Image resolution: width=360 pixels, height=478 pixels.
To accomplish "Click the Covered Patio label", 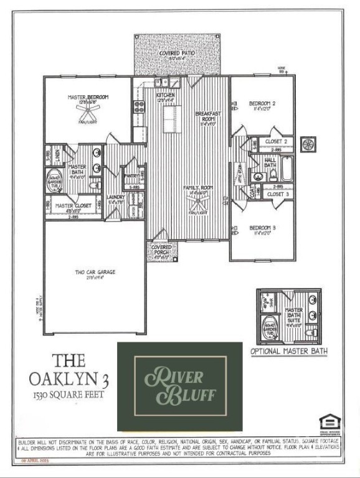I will point(177,54).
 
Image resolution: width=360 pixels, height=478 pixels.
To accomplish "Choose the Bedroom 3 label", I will point(262,228).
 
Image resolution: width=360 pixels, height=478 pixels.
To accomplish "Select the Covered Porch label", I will point(161,250).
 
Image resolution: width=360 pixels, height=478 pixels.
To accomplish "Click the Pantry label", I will point(131,176).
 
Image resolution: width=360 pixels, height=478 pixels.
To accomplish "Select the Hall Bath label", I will point(270,162).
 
